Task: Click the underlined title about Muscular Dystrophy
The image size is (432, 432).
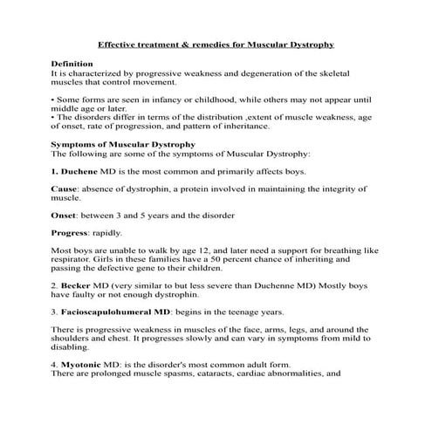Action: pos(216,43)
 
